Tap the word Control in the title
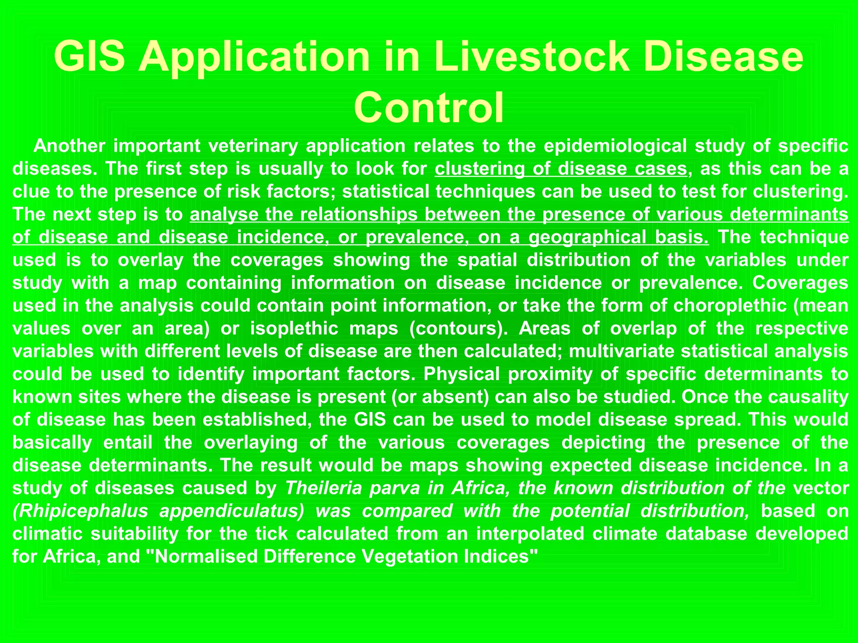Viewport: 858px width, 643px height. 429,108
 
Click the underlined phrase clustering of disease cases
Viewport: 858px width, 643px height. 561,169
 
